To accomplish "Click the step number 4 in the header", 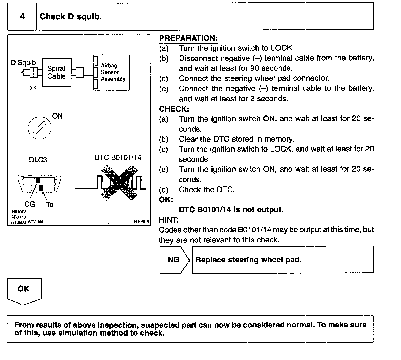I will (x=22, y=17).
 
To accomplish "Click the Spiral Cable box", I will (x=56, y=72).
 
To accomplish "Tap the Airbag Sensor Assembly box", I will (x=112, y=72).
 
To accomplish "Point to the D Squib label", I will (x=23, y=63).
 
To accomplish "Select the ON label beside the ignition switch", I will (x=57, y=116).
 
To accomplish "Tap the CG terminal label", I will (x=30, y=204).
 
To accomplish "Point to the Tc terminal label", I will (x=50, y=205).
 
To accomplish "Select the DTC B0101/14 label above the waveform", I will (x=118, y=157).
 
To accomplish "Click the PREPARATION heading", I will (x=188, y=38).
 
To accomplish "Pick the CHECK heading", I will (x=174, y=109).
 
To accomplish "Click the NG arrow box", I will (x=174, y=260).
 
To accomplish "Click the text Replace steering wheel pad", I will (x=248, y=260).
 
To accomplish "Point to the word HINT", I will (x=169, y=220).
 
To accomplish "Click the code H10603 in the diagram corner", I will (x=141, y=222).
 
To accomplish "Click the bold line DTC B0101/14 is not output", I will (x=231, y=210).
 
